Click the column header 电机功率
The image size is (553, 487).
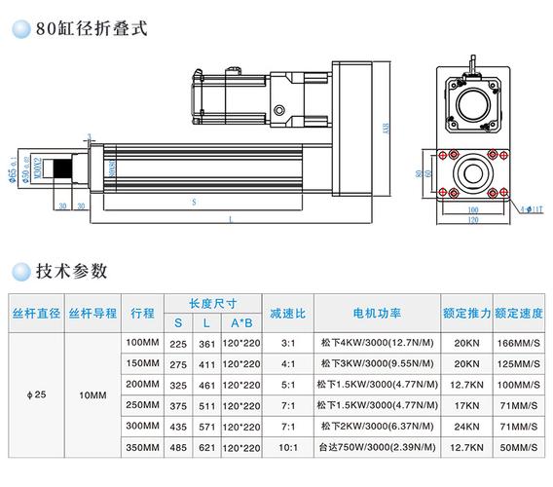point(378,314)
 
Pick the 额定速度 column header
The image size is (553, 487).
point(519,314)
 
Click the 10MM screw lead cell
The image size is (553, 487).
point(93,395)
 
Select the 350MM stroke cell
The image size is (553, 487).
point(142,447)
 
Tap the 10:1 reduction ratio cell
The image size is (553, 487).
point(288,447)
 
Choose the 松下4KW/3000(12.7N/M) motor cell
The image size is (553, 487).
point(377,344)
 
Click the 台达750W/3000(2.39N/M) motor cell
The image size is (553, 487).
point(377,447)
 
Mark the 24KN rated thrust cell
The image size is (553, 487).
point(465,427)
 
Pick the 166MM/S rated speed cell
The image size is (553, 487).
point(519,344)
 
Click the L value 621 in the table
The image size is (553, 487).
point(206,447)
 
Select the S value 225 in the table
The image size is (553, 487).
point(178,344)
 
